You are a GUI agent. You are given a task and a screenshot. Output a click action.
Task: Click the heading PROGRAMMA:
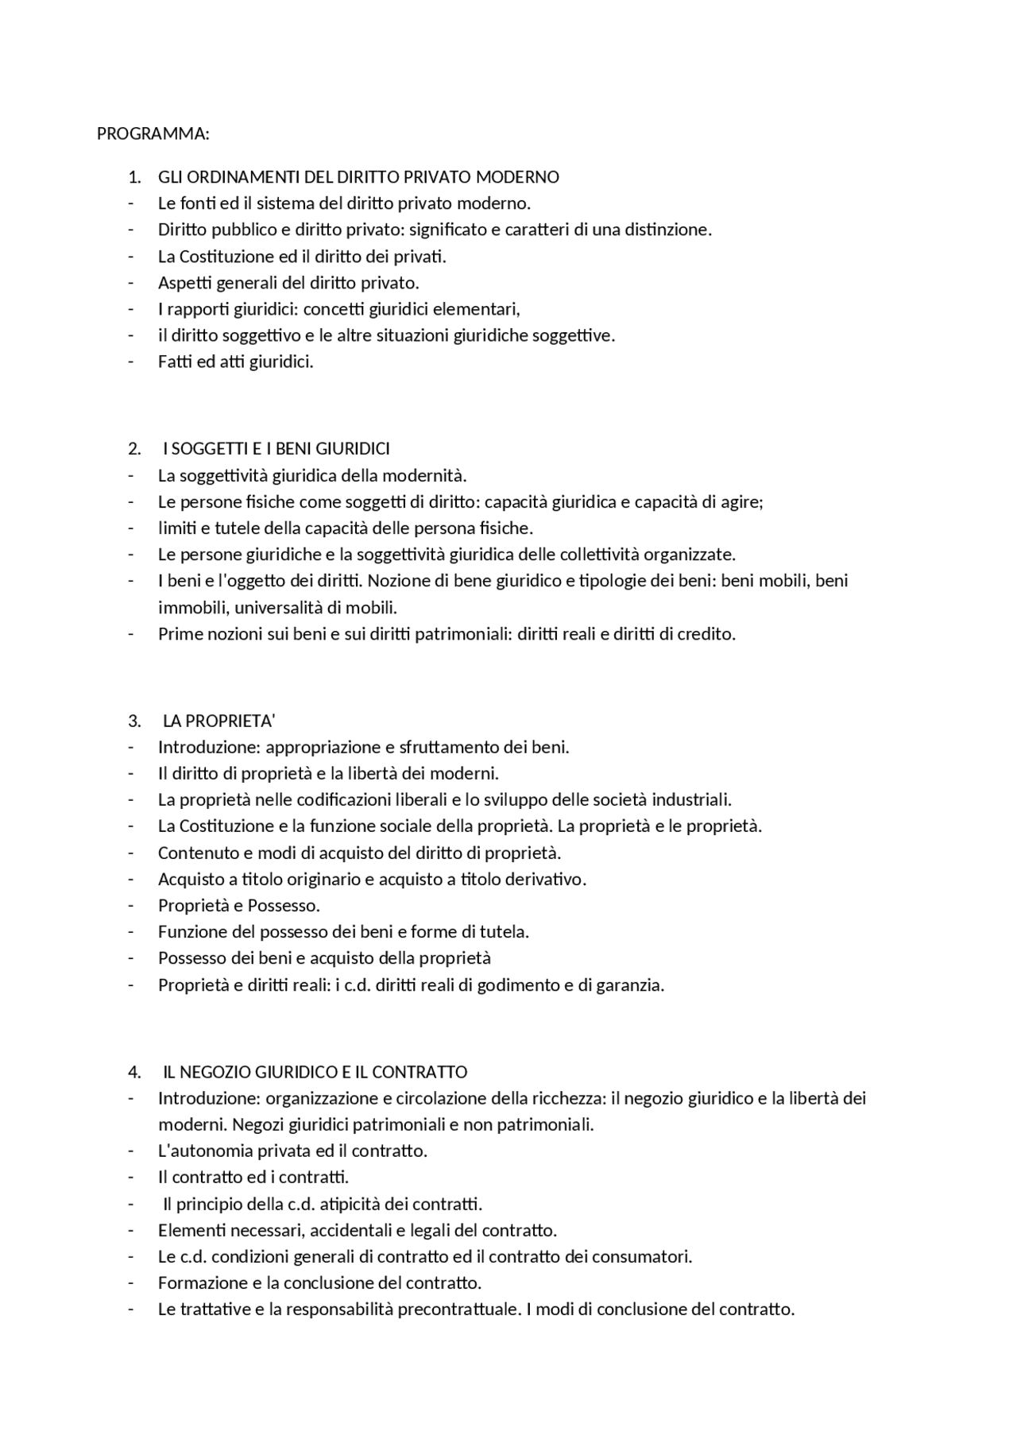click(153, 133)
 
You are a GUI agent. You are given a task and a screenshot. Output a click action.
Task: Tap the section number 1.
click(133, 176)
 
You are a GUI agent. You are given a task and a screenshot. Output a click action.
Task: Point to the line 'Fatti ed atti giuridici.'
click(235, 362)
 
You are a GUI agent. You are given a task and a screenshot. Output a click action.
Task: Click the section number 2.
click(133, 449)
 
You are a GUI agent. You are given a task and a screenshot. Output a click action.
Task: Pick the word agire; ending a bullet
click(742, 502)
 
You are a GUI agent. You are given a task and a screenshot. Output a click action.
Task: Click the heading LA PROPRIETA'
click(218, 721)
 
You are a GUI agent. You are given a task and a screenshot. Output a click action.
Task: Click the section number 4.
click(133, 1072)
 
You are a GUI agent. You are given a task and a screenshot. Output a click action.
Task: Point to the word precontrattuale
click(458, 1309)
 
